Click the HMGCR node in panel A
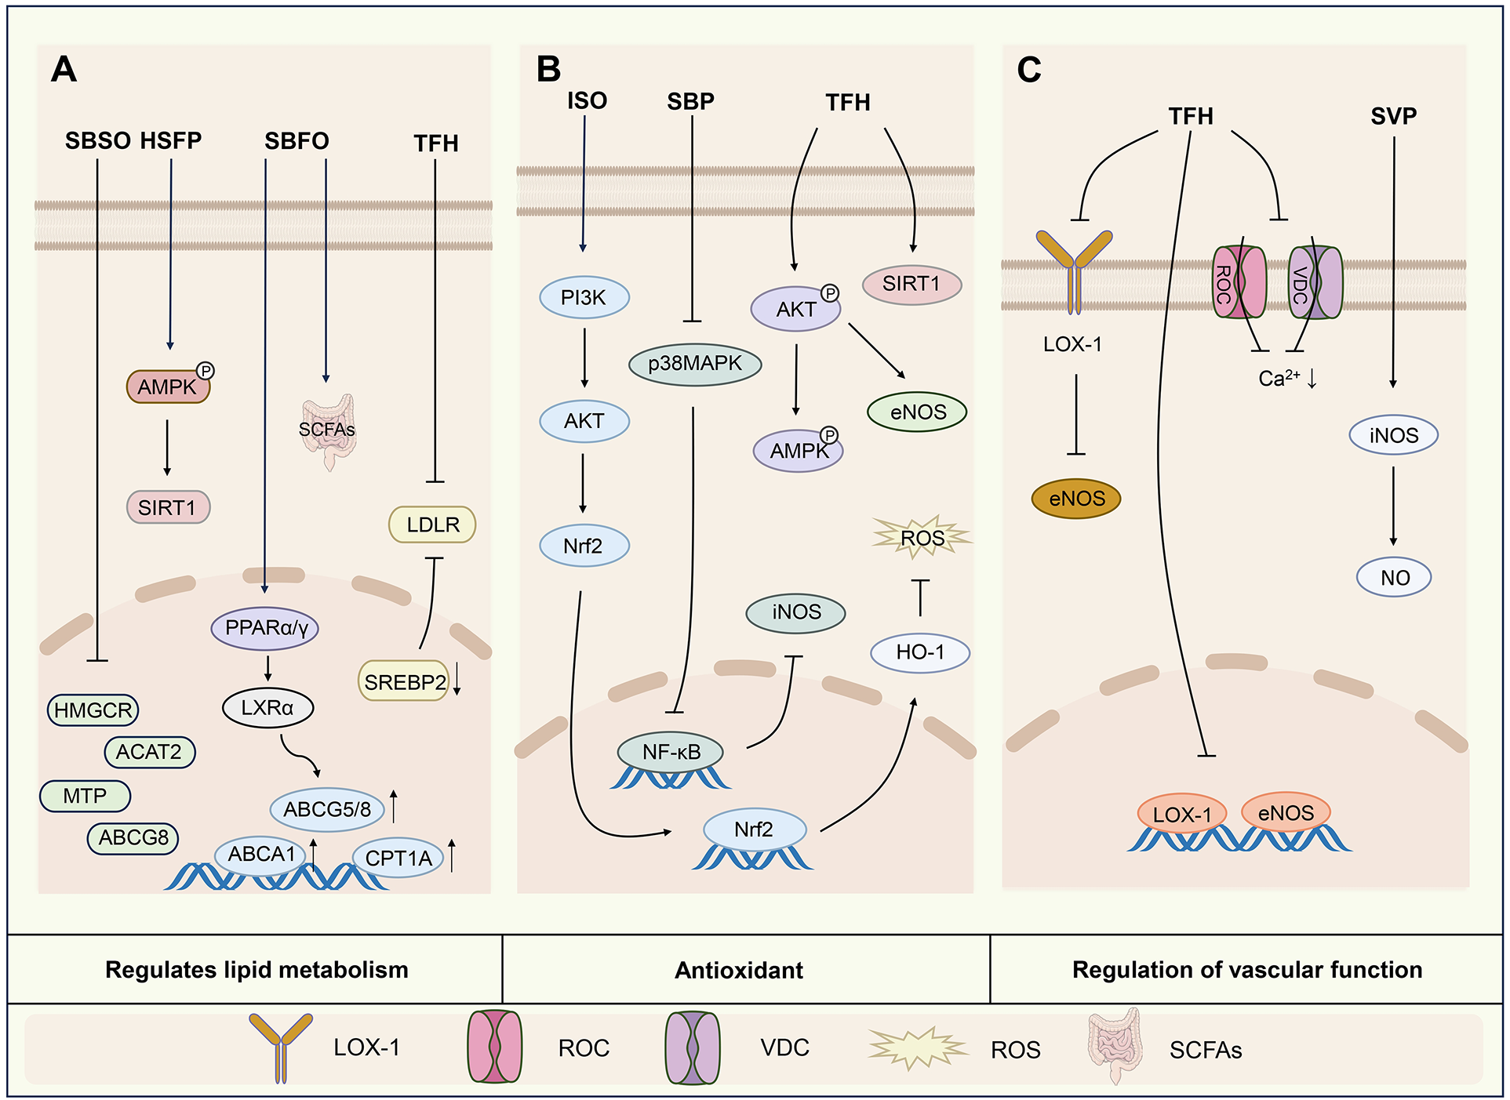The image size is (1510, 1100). tap(93, 710)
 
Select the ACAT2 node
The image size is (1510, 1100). tap(149, 753)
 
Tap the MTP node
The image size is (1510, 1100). tap(85, 797)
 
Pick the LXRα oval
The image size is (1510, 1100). tap(267, 708)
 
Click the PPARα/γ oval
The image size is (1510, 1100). tap(265, 628)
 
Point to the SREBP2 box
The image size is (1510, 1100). tap(404, 682)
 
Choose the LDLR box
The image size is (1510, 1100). tap(432, 525)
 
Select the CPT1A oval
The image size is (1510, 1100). tap(398, 858)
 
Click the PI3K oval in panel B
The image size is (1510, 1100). tap(584, 298)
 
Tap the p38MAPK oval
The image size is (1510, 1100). tap(695, 364)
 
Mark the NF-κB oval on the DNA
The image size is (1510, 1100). tap(671, 752)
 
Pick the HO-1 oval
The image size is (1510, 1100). tap(920, 652)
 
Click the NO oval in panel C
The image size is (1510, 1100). tap(1394, 578)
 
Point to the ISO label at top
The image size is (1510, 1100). tap(587, 100)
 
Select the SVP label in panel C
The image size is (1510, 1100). tap(1393, 116)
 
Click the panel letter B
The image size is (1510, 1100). tap(548, 69)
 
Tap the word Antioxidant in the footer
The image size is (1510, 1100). tap(739, 970)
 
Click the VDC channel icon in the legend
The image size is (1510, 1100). tap(692, 1048)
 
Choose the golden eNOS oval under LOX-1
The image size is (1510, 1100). tap(1076, 499)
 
